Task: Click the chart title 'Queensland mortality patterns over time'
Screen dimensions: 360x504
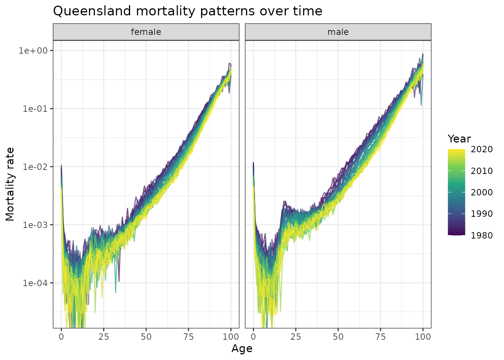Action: [187, 11]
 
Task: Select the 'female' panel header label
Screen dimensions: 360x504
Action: [146, 32]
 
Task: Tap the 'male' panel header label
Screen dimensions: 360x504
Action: [338, 32]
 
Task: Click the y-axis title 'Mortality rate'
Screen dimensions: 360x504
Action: [10, 184]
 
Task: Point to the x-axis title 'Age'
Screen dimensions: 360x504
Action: [242, 349]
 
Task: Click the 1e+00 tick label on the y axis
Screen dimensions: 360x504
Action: [36, 51]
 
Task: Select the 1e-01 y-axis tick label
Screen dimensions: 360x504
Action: [36, 109]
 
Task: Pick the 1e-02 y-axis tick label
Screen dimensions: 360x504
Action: [36, 166]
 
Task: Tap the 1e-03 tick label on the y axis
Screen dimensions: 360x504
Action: [36, 225]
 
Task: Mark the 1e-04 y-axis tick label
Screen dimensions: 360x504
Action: [36, 283]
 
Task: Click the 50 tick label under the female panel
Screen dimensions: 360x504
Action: [146, 337]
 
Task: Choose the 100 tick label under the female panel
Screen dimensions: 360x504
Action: [231, 337]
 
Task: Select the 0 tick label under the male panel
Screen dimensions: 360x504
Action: [253, 337]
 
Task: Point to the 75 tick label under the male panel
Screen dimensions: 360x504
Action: [381, 337]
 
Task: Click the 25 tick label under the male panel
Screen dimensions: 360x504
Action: [296, 337]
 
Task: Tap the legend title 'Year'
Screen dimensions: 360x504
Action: [459, 139]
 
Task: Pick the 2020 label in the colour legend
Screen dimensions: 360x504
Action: [482, 150]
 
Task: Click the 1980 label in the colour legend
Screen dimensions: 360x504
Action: [482, 235]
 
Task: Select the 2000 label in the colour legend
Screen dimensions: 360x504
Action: [482, 192]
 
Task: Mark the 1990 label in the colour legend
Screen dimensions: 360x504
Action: [482, 214]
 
